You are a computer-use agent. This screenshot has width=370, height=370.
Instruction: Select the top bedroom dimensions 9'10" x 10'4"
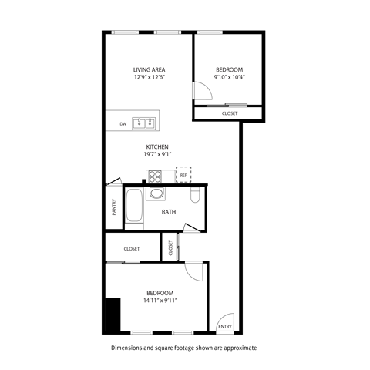[229, 77]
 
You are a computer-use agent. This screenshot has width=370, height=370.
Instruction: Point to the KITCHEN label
[158, 147]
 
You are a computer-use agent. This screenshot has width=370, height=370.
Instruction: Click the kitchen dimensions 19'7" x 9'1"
[158, 155]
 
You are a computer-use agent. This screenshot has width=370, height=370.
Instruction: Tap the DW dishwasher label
[123, 123]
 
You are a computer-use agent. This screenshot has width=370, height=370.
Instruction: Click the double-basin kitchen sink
[143, 123]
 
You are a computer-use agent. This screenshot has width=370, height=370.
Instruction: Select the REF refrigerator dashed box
[183, 175]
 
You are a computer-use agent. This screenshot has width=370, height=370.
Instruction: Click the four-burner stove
[155, 175]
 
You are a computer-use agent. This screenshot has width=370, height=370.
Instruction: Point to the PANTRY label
[113, 209]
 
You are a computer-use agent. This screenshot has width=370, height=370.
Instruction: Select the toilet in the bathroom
[195, 196]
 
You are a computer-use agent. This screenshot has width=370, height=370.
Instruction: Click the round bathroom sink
[156, 194]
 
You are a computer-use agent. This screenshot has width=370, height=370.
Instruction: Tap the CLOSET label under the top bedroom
[230, 114]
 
